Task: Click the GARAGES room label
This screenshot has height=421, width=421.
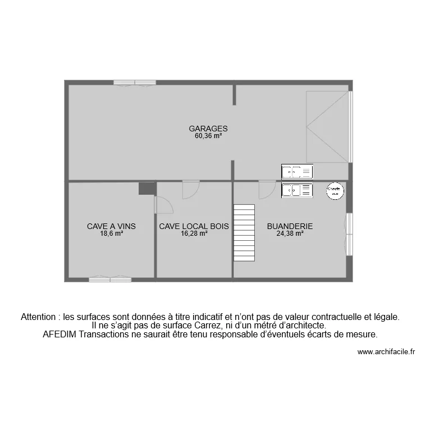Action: (x=208, y=129)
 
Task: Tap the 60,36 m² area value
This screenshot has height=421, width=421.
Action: (x=208, y=136)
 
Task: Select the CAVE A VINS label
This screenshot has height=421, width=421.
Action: (x=111, y=226)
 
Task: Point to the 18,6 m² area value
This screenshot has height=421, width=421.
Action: (x=111, y=234)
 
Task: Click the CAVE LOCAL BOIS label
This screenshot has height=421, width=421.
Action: (x=194, y=226)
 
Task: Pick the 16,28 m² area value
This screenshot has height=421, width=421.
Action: (x=194, y=234)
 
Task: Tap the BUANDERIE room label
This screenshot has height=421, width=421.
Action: (x=290, y=226)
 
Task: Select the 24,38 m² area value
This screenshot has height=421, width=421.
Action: (x=290, y=234)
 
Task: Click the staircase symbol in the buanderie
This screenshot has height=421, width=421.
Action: (x=244, y=233)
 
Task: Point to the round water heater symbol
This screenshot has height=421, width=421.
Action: (x=335, y=191)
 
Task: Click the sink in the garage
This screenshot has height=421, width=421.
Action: (x=297, y=172)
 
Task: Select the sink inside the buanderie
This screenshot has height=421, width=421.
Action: (x=297, y=191)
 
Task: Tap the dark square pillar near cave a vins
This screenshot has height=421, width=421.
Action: (x=147, y=189)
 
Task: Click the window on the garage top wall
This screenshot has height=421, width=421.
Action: (x=135, y=83)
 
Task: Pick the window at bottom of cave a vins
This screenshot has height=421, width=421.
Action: (x=110, y=279)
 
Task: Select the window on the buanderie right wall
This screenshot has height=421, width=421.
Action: (x=349, y=233)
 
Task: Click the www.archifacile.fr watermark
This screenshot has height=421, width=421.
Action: (x=386, y=353)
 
